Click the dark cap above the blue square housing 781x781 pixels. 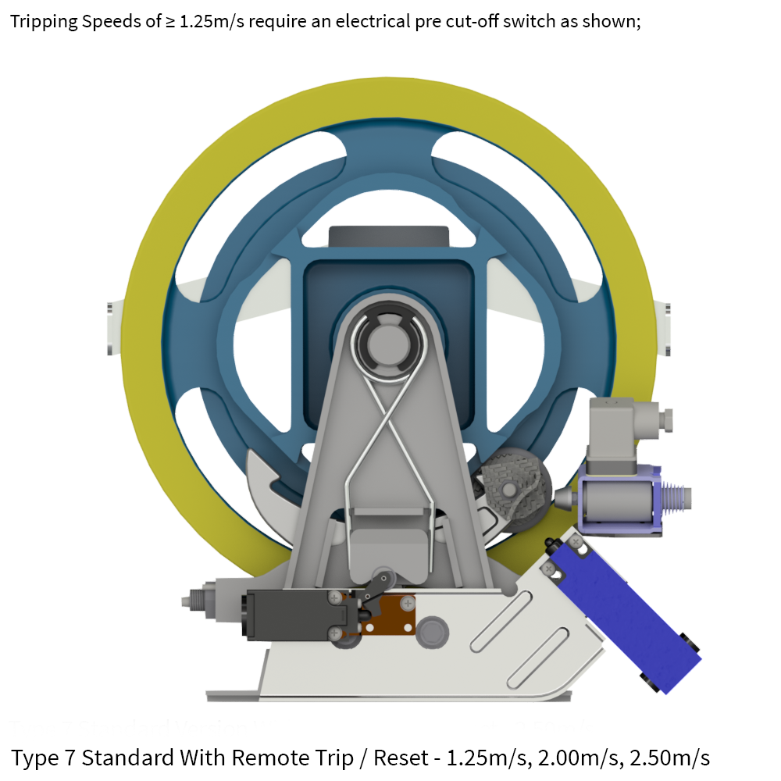coord(389,237)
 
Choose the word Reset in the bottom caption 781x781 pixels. coord(401,757)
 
